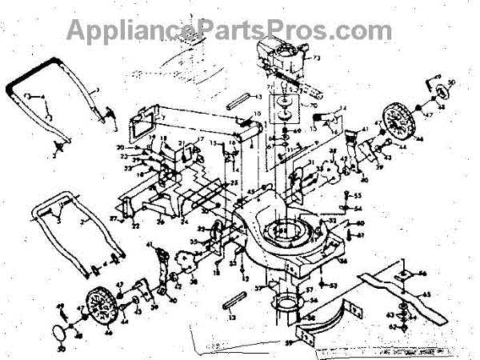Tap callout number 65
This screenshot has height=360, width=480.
[449, 295]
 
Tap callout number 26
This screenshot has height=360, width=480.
[160, 222]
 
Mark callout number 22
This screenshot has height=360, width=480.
[137, 227]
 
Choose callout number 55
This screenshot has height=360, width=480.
[358, 196]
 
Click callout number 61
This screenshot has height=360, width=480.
[360, 234]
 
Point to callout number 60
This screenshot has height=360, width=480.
[360, 223]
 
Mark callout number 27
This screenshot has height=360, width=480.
[114, 217]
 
